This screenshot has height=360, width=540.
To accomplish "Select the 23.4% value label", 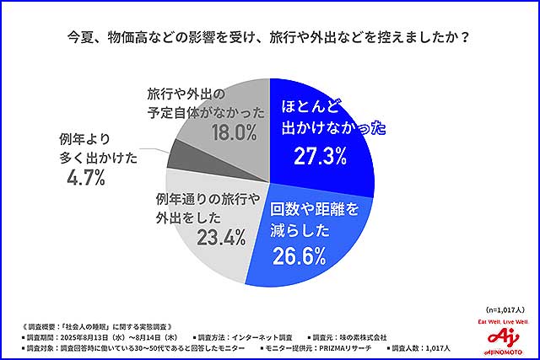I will coord(221,238).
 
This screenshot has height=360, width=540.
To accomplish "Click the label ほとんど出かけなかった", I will coord(331,119).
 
